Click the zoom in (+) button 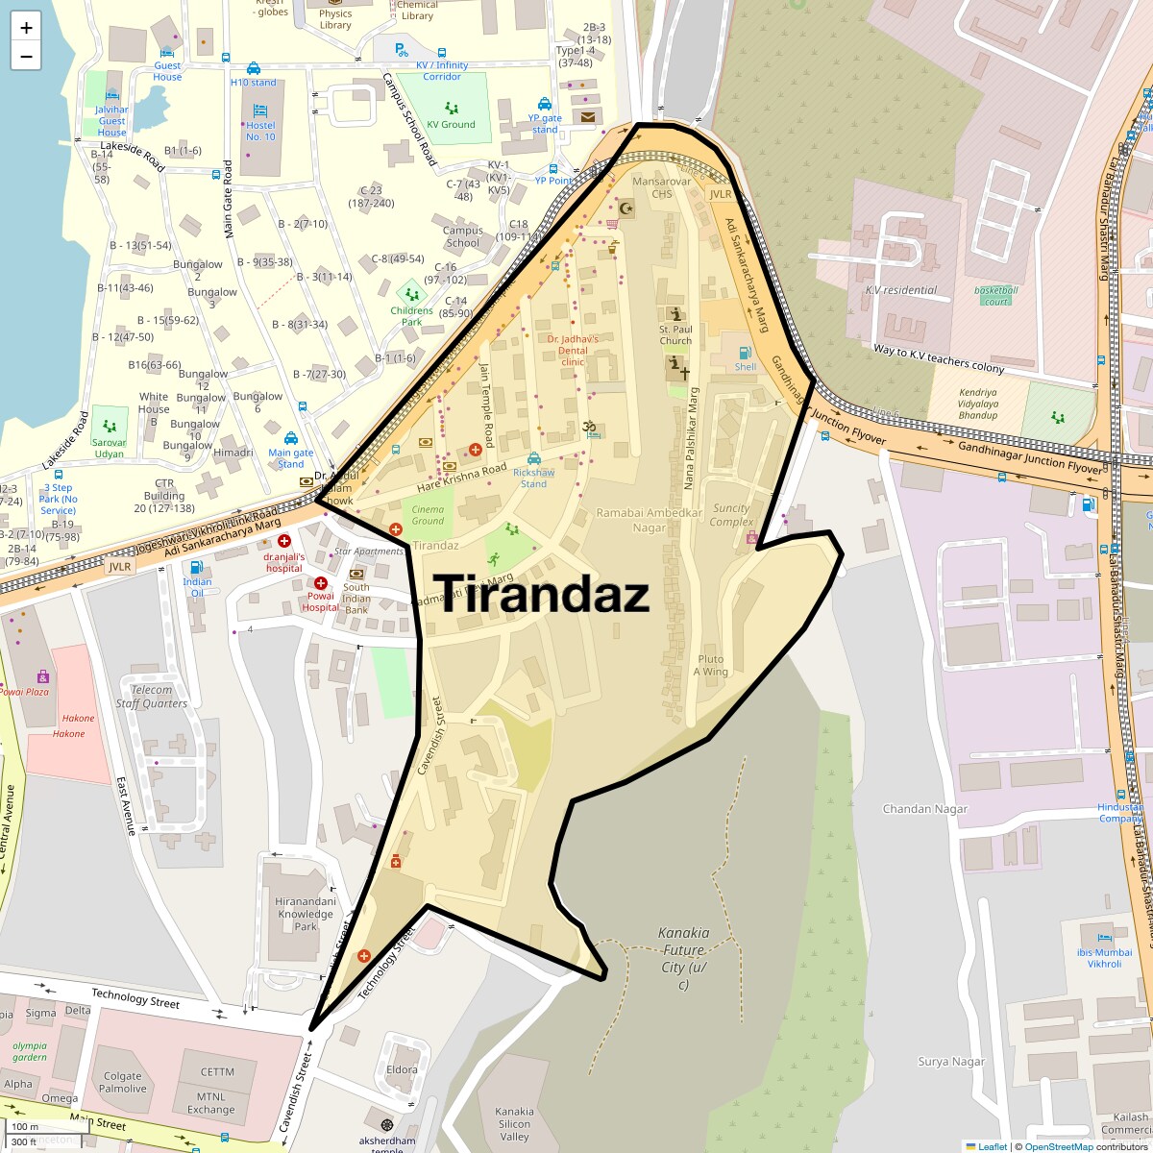click(26, 28)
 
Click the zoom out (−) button click(26, 56)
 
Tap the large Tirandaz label click(543, 594)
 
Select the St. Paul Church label click(675, 335)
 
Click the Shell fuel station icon click(745, 353)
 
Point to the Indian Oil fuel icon click(197, 568)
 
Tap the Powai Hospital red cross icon click(321, 583)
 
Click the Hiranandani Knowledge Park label click(306, 914)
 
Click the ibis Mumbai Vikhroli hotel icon click(1104, 937)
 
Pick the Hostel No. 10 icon click(259, 111)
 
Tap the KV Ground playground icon click(452, 109)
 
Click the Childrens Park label click(412, 316)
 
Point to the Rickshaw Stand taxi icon click(533, 458)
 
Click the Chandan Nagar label click(925, 809)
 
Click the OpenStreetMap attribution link click(1058, 1146)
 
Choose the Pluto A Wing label click(711, 666)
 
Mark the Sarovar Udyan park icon click(110, 427)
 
